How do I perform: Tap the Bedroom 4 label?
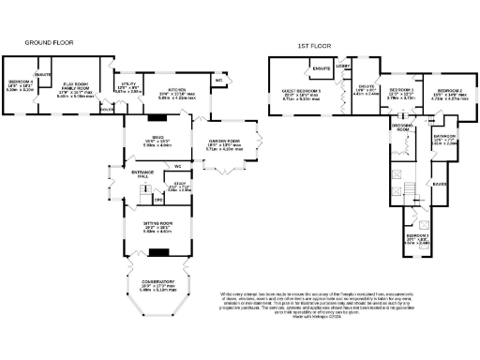coord(21,86)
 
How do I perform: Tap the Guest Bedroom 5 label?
coord(296,92)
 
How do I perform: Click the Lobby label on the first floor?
coord(343,67)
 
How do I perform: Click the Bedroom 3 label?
coord(416,237)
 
